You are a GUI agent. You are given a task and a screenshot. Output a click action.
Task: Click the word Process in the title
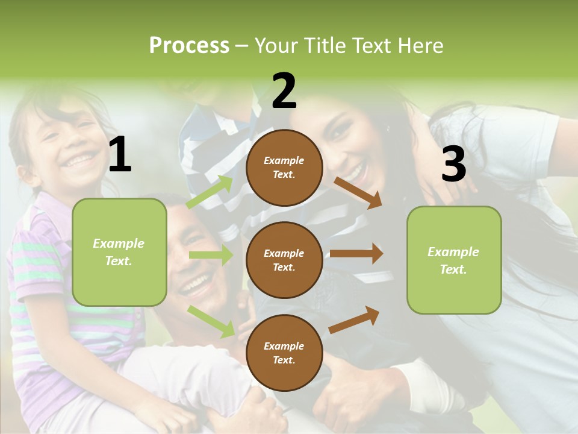coord(189,46)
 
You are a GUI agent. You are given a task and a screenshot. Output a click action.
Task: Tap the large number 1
coord(120,155)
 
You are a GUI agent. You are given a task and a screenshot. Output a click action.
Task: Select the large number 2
coord(284,91)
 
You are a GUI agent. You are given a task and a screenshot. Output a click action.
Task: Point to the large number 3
coord(453,164)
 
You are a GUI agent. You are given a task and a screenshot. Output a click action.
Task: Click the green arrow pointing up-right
coord(210,192)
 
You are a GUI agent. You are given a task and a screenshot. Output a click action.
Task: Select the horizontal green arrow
coord(211,255)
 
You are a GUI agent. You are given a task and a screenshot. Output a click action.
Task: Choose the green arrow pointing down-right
coord(211,321)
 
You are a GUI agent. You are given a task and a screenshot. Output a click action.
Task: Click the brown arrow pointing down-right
coord(358,192)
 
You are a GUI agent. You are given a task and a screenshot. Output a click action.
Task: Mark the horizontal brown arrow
coord(356,254)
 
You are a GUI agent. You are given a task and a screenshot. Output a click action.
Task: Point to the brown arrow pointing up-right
coord(354,319)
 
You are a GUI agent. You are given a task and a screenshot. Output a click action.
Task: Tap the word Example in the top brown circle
coord(284,160)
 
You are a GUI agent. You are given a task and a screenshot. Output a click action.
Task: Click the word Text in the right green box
coord(453,269)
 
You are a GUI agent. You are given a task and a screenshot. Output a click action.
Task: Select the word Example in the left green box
coord(119,244)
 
